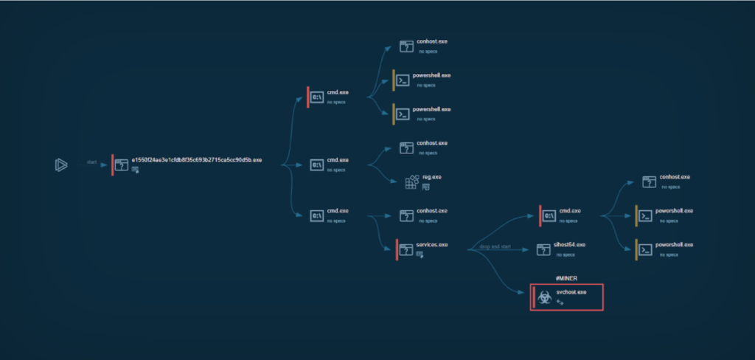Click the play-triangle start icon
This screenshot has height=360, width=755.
(x=60, y=165)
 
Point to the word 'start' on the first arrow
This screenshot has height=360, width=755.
(x=92, y=162)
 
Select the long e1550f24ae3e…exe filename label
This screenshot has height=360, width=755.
(x=196, y=160)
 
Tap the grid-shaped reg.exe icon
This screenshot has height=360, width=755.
(x=411, y=182)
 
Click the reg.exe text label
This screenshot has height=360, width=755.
(x=432, y=177)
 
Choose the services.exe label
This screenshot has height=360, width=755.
(x=431, y=245)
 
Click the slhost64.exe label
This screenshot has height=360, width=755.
(x=571, y=245)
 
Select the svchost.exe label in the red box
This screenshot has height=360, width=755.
(x=571, y=292)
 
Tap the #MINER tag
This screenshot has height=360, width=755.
(x=566, y=277)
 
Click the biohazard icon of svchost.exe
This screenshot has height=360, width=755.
(x=543, y=297)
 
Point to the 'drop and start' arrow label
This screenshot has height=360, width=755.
(x=495, y=246)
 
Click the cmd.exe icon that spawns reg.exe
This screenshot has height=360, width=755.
(x=317, y=165)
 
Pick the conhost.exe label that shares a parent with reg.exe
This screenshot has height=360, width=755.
(x=432, y=143)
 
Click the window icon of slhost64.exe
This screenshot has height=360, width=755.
(x=543, y=249)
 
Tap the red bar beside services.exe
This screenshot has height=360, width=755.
(x=397, y=249)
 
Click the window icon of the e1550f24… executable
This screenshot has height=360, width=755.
(x=121, y=165)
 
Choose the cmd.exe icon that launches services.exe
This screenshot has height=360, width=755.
(x=317, y=215)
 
